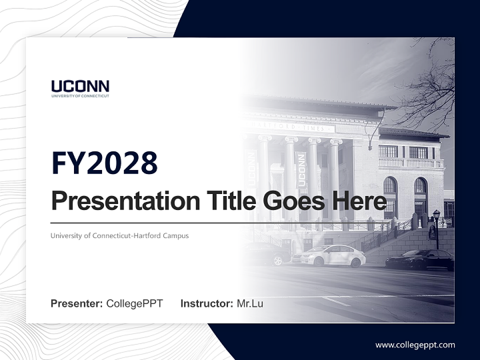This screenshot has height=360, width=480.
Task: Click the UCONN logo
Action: tap(80, 88)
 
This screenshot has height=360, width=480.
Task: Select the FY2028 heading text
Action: tap(104, 163)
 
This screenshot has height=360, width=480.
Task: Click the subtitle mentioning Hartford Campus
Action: tap(119, 235)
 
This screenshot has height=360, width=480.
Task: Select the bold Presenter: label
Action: tap(77, 303)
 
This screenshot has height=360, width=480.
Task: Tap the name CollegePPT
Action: tap(134, 303)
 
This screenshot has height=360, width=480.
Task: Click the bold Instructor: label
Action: tap(206, 303)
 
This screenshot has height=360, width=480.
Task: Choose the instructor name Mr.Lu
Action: tap(250, 303)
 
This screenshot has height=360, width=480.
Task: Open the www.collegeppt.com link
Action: tap(415, 344)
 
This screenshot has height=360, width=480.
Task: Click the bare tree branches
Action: tap(430, 90)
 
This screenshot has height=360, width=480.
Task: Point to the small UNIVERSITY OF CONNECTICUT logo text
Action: tap(80, 96)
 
